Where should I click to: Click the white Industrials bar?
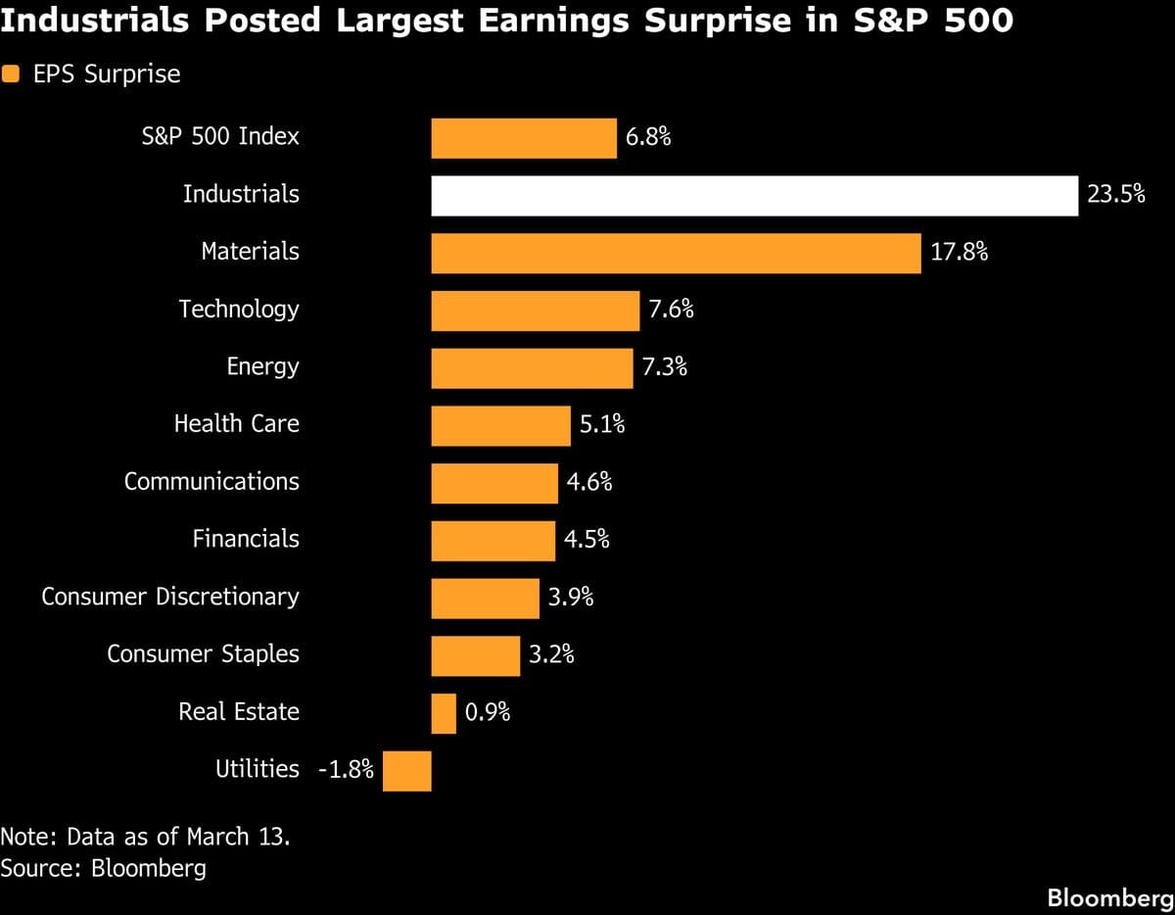(x=754, y=196)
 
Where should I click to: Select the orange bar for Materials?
(x=676, y=253)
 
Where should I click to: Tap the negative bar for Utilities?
(x=407, y=771)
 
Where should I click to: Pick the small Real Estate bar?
(x=444, y=713)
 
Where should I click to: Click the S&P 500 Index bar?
(x=524, y=138)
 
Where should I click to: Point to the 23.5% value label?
(x=1115, y=195)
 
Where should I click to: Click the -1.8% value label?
(x=347, y=770)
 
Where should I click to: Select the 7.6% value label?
(x=671, y=310)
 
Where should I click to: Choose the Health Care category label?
(x=237, y=424)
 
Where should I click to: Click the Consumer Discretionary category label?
(x=170, y=597)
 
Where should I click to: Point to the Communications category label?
(x=211, y=482)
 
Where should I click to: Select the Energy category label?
(x=262, y=367)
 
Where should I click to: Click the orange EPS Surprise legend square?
(x=11, y=74)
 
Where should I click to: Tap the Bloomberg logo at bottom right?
(x=1109, y=896)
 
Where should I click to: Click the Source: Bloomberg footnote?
(x=104, y=868)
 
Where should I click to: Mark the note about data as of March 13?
(x=145, y=838)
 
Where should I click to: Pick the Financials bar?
(x=493, y=541)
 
